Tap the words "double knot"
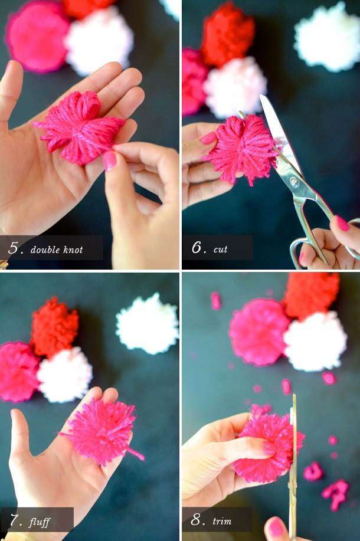(x=57, y=250)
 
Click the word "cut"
(x=220, y=249)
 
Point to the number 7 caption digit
(x=15, y=520)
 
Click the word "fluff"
(x=40, y=522)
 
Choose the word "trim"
(x=221, y=520)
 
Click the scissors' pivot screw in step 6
(x=294, y=182)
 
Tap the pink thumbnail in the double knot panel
(x=110, y=160)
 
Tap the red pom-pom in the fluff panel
(x=54, y=327)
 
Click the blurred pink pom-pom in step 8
(x=259, y=332)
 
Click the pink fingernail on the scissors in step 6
(x=342, y=223)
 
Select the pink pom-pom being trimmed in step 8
(x=269, y=444)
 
